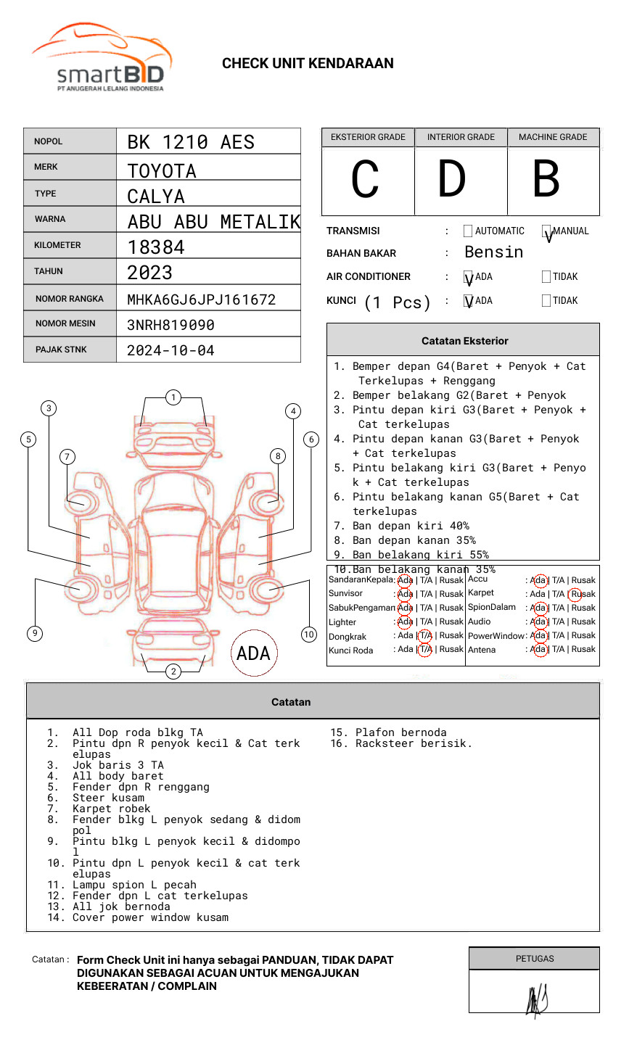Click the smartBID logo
pos(102,58)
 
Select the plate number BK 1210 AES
pos(191,142)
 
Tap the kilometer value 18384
pos(156,247)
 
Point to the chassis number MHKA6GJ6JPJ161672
pos(201,300)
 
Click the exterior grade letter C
pos(365,180)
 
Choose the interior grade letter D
pos(451,180)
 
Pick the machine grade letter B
pos(546,180)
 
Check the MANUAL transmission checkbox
pos(547,232)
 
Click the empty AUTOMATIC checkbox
pos(468,231)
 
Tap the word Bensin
pos(493,252)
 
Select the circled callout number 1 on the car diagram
pos(173,397)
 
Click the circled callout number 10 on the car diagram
pos(309,635)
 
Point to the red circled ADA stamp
pos(254,653)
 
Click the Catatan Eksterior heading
pos(464,341)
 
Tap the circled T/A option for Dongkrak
pos(425,636)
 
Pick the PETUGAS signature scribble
pos(537,1000)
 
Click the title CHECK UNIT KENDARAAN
pos(308,64)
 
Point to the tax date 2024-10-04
pos(170,351)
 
